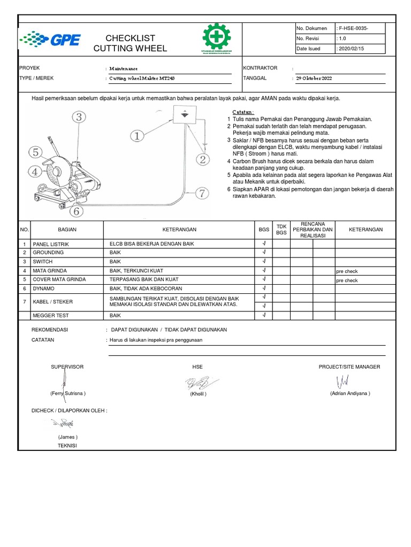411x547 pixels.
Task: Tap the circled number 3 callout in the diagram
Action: click(x=79, y=116)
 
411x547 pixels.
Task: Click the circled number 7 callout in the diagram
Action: click(x=202, y=193)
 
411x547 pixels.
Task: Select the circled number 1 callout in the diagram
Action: click(x=138, y=136)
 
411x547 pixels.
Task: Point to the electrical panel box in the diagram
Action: click(x=184, y=115)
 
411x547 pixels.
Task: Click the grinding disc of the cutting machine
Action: click(x=54, y=172)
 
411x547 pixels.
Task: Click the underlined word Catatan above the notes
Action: click(x=243, y=111)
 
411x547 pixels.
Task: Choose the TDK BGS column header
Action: click(x=281, y=229)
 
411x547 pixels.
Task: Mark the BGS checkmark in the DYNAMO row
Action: click(x=264, y=288)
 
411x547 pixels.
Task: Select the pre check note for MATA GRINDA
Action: click(x=347, y=271)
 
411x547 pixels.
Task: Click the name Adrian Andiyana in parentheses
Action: click(x=350, y=393)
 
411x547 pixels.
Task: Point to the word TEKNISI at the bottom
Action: click(x=67, y=446)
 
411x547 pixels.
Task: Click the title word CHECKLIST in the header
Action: click(x=130, y=38)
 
